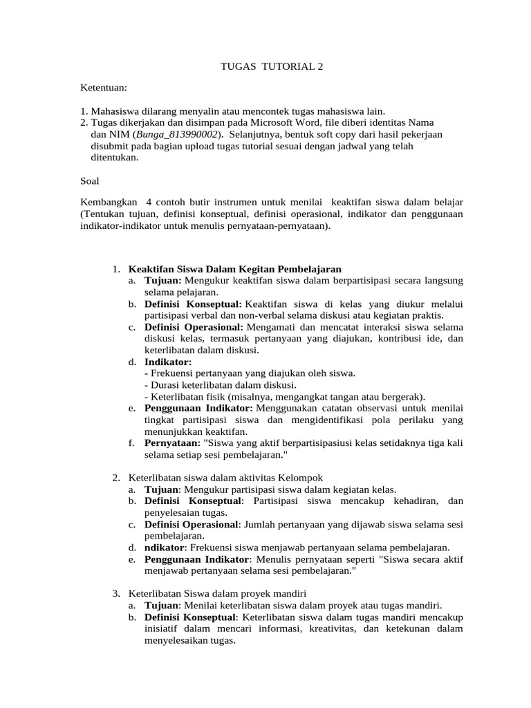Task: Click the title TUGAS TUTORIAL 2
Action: coord(271,67)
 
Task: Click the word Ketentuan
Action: coord(103,88)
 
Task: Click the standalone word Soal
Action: coord(90,180)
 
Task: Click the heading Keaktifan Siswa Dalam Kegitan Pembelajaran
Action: coord(235,268)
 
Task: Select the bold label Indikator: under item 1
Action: coord(168,362)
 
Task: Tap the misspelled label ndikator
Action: coord(165,547)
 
